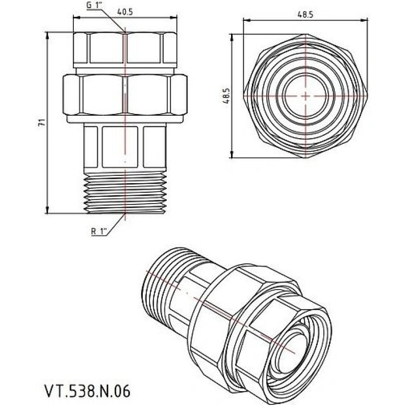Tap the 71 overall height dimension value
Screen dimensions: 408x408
coord(43,122)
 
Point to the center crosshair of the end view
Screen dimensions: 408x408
coord(304,96)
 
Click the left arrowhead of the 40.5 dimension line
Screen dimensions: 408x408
coord(75,18)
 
